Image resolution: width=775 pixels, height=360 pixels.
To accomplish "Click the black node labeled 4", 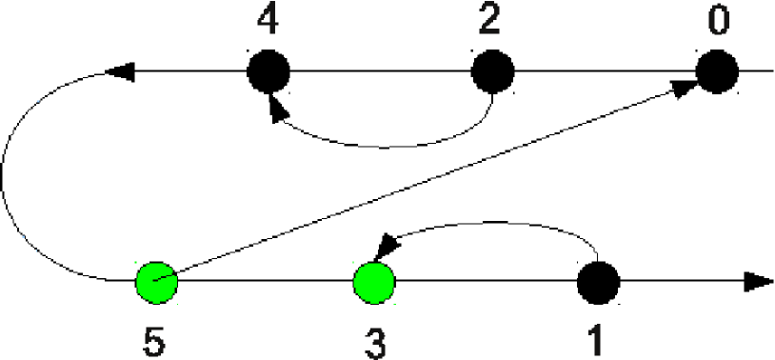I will [x=269, y=70].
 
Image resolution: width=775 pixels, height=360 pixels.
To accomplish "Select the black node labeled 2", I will [x=494, y=70].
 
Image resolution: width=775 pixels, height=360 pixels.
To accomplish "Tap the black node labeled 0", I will [x=717, y=70].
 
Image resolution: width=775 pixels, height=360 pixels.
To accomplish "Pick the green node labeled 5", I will [x=156, y=282].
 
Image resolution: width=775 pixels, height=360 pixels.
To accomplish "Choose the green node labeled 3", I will [x=374, y=282].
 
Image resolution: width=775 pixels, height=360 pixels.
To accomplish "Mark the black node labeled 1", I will [x=599, y=282].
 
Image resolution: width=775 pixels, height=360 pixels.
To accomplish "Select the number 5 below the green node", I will [x=153, y=340].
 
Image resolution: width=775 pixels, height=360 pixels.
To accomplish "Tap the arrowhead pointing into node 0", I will [x=685, y=87].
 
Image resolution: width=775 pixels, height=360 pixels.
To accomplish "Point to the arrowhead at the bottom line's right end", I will [x=757, y=282].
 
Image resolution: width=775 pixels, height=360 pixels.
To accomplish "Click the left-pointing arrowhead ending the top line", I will [x=120, y=70].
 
